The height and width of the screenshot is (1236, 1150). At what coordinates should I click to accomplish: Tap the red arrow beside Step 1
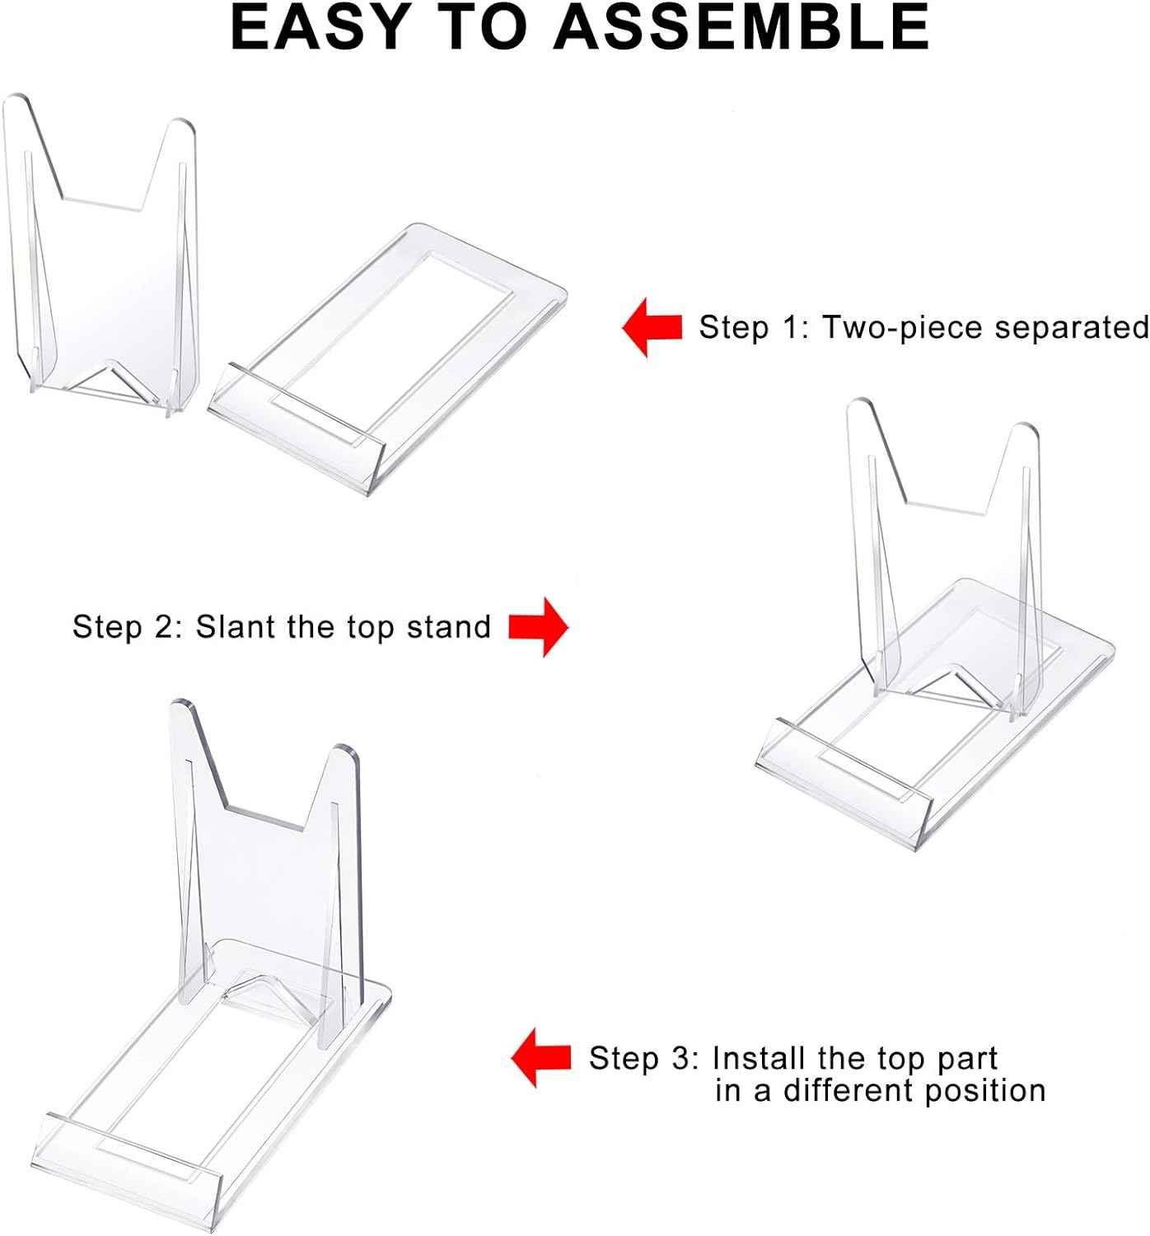tap(652, 327)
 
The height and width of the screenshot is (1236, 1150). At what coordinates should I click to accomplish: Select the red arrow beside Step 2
tap(538, 627)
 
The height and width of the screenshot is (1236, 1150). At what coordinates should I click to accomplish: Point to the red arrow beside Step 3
tap(541, 1057)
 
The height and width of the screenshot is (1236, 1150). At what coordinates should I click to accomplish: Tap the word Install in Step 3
tap(759, 1058)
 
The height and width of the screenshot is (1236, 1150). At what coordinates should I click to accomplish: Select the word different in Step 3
tap(848, 1091)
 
